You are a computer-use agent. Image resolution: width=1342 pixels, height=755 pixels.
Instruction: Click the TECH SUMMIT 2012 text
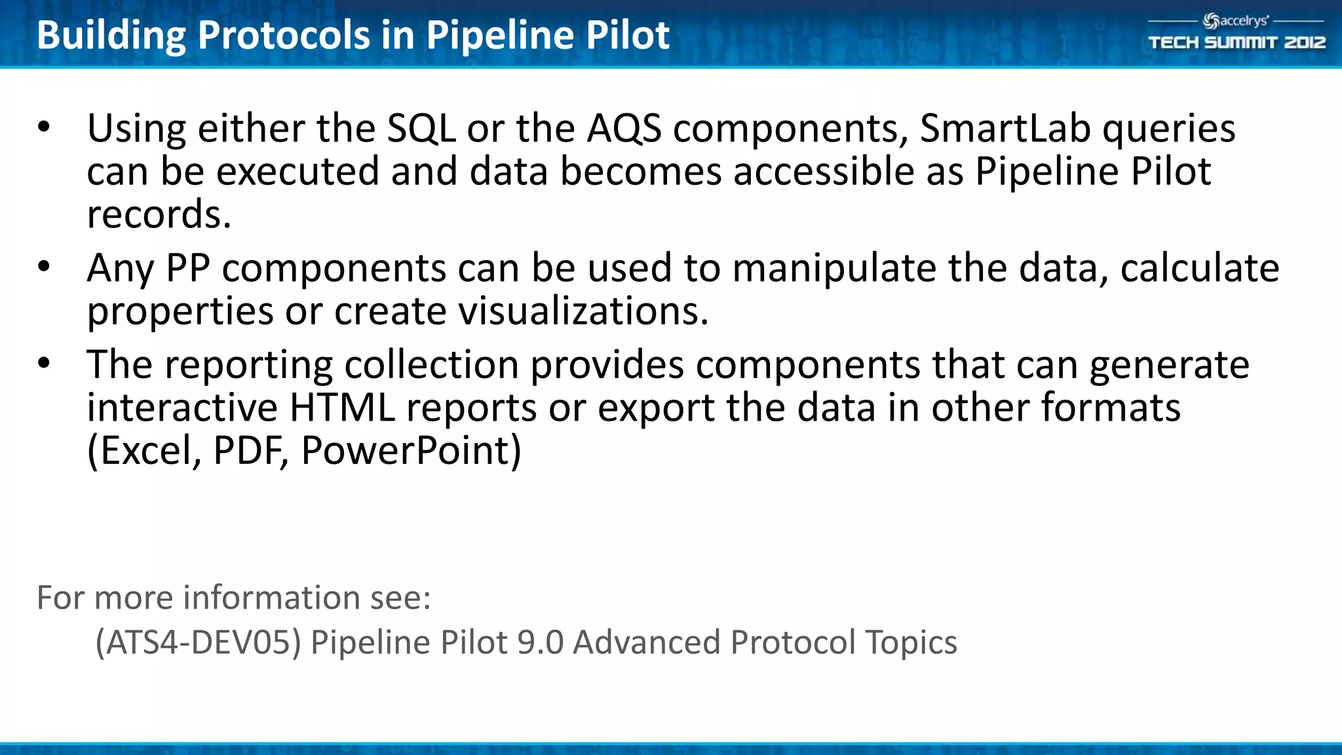point(1237,43)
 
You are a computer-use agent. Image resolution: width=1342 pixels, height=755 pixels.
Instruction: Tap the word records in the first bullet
point(159,214)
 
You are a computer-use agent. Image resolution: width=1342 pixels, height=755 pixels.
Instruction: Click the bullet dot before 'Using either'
point(44,127)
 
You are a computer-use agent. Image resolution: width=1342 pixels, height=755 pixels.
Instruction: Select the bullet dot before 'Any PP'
point(44,267)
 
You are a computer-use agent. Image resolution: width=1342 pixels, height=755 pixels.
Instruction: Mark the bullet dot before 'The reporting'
point(44,363)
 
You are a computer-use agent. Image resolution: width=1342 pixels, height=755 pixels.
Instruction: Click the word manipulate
point(834,268)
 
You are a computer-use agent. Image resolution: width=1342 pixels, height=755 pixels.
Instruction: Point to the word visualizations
point(583,311)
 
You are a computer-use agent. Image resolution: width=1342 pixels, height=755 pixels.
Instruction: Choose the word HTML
point(342,407)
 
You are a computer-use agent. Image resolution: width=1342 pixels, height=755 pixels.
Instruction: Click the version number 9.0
point(540,642)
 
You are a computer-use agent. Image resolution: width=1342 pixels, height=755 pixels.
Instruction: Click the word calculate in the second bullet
point(1199,268)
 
